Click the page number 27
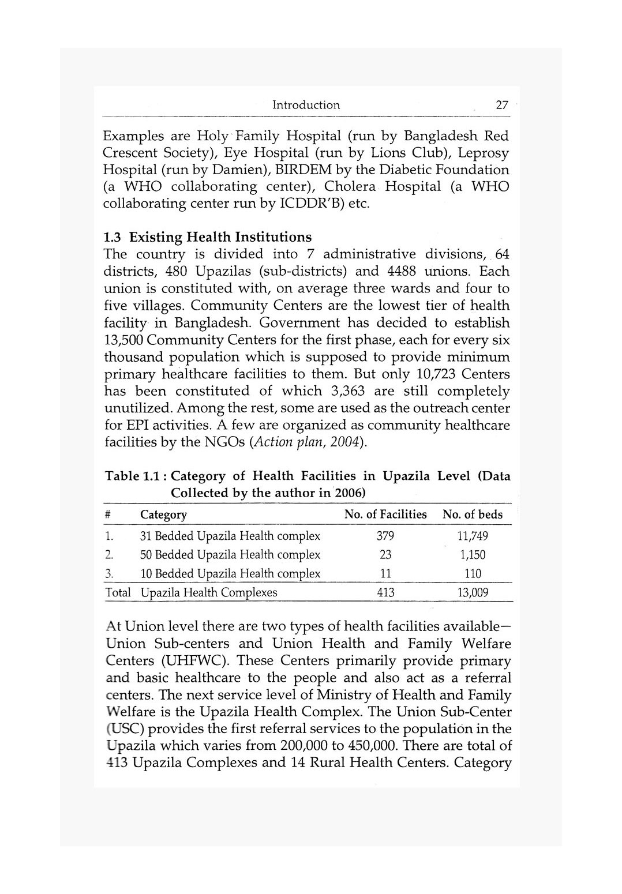pos(502,105)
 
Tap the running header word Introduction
pos(306,105)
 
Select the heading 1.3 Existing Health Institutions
pos(207,237)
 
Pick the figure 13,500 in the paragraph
pos(123,340)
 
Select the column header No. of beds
pos(472,514)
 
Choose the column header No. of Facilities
pos(385,514)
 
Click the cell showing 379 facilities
pos(385,536)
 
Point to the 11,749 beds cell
pos(472,536)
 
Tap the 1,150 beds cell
pos(472,555)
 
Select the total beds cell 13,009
pos(472,592)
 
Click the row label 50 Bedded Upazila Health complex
pos(230,555)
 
